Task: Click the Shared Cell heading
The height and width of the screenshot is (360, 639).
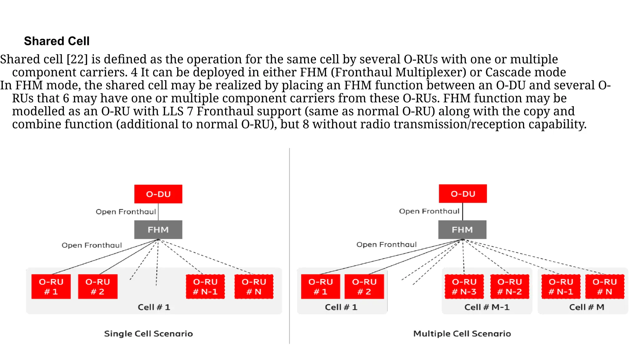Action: (x=57, y=41)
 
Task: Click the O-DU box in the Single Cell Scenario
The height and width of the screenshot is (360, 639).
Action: (x=158, y=194)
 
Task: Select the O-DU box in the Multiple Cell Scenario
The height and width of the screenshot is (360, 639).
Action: (x=463, y=194)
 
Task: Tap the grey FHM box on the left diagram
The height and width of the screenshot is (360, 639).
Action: (x=158, y=230)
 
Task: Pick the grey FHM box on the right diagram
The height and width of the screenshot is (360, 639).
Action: (x=462, y=230)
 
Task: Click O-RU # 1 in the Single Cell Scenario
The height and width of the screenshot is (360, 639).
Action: (x=51, y=287)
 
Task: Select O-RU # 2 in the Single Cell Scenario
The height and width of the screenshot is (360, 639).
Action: (x=98, y=287)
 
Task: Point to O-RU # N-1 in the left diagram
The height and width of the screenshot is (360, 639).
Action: (x=205, y=287)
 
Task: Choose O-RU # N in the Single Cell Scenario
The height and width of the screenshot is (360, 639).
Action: (x=254, y=287)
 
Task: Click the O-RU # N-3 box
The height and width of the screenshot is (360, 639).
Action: (x=464, y=287)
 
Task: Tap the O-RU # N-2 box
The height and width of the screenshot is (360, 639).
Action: (x=510, y=287)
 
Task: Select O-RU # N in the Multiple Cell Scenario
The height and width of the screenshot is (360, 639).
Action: (x=605, y=287)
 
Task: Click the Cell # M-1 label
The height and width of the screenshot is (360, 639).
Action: (x=487, y=307)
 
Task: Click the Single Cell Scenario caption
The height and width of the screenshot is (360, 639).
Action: (x=149, y=334)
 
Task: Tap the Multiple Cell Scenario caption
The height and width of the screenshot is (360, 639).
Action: (x=462, y=334)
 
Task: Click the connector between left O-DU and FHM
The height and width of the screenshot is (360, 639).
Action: (x=158, y=212)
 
